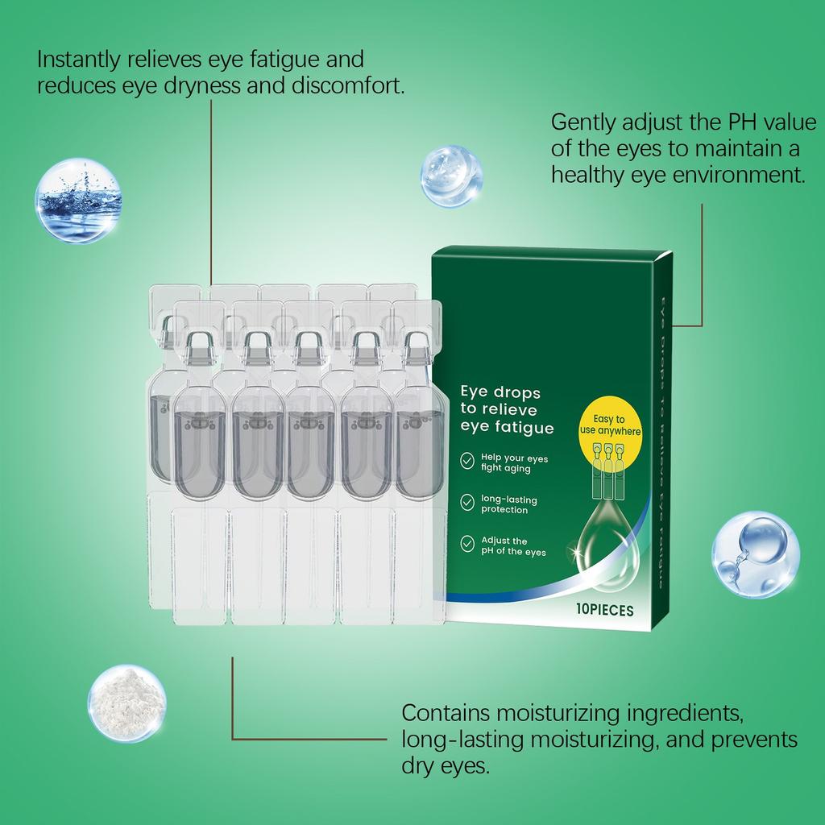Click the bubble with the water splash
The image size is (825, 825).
coord(78,201)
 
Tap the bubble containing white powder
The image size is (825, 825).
coord(127,703)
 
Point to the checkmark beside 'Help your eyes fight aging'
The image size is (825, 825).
coord(467,461)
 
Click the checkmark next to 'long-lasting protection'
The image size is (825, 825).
coord(467,503)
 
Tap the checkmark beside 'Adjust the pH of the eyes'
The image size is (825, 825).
coord(467,545)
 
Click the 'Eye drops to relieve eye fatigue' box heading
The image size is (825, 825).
coord(506,410)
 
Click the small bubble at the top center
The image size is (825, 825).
coord(452,175)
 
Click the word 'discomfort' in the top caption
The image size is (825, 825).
coord(357,85)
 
